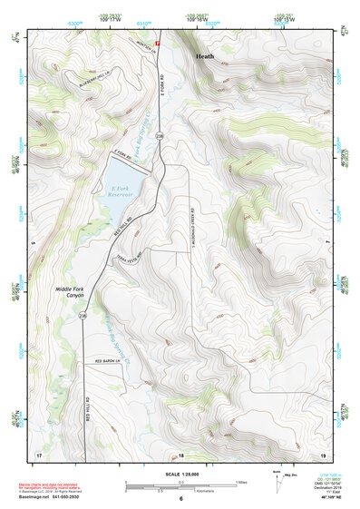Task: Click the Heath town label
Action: pos(206,56)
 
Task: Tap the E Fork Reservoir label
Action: pos(122,188)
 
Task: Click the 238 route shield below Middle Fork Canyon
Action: pos(83,316)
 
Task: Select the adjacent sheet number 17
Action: pos(38,453)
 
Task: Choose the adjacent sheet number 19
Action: pos(322,453)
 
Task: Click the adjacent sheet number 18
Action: pos(180,454)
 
